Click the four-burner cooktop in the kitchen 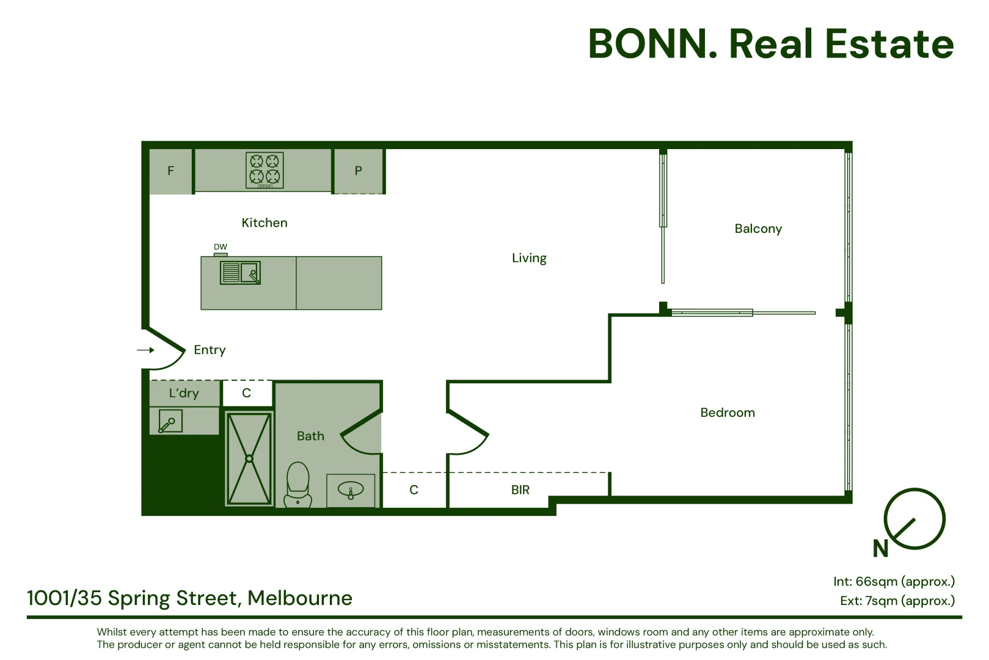(265, 170)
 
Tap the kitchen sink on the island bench (241, 273)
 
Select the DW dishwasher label (221, 247)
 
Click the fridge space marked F (171, 171)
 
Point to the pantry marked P (359, 171)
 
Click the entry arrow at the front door (145, 350)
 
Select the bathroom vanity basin (351, 490)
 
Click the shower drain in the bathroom (249, 458)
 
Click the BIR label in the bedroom (520, 490)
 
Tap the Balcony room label (758, 229)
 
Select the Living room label (529, 258)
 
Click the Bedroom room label (728, 413)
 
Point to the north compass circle (914, 519)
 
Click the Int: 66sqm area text (894, 582)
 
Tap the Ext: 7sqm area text (897, 601)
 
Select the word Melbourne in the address (300, 598)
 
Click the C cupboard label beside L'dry (247, 393)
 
